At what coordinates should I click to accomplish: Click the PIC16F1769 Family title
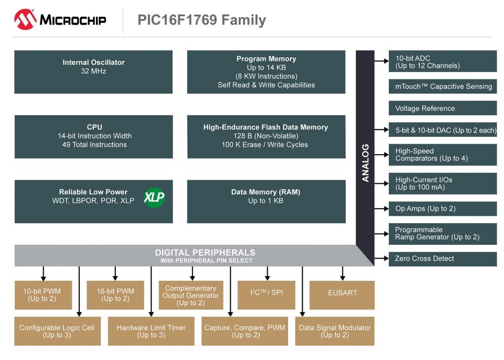[202, 20]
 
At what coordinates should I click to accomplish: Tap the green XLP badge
[154, 197]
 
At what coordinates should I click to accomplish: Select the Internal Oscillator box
[94, 71]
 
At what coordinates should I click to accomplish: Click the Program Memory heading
[266, 59]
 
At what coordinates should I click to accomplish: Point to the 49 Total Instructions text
[94, 145]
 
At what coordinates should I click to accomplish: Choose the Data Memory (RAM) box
[266, 201]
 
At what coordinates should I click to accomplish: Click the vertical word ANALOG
[365, 163]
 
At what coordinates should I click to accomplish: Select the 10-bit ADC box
[442, 62]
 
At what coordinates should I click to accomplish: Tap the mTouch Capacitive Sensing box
[442, 86]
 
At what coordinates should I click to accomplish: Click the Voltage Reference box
[442, 108]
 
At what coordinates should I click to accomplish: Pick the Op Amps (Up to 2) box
[442, 208]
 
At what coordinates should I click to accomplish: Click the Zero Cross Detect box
[442, 259]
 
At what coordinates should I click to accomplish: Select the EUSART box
[342, 295]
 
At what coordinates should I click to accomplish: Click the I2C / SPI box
[267, 295]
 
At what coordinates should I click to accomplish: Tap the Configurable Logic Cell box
[57, 331]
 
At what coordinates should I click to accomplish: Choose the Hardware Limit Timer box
[151, 331]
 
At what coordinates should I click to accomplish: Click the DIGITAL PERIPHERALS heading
[205, 253]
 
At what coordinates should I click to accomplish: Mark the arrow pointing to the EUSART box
[343, 273]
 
